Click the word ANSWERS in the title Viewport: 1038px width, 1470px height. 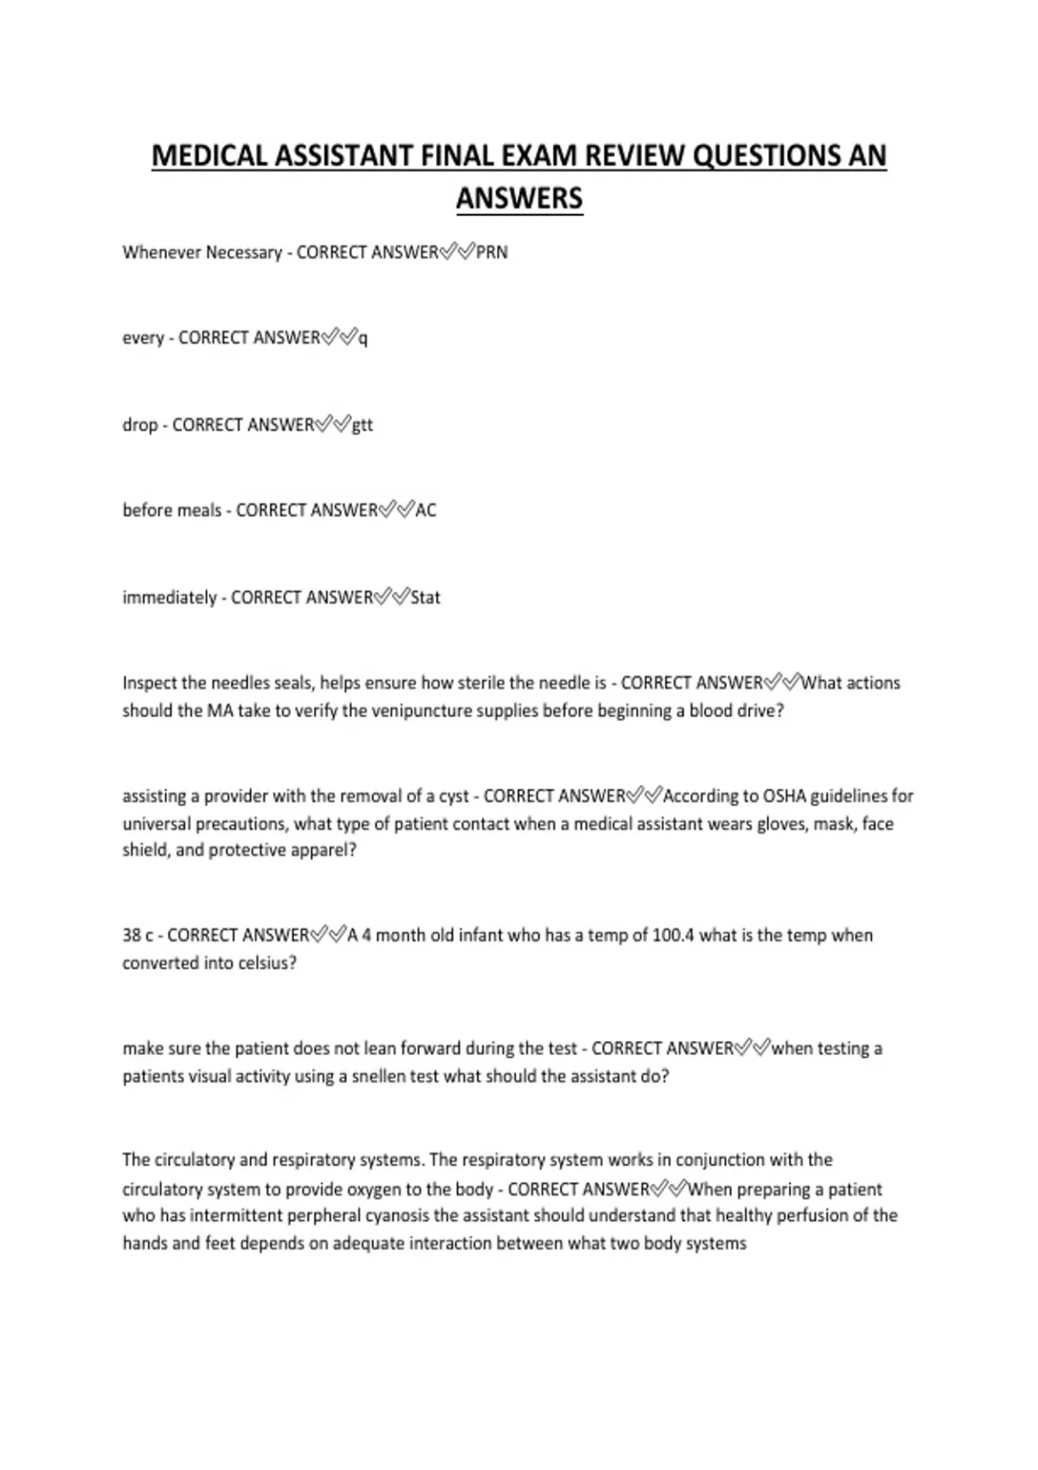(519, 199)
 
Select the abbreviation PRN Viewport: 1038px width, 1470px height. (492, 252)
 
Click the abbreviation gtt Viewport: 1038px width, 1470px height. (362, 425)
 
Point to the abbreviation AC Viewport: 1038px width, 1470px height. (426, 510)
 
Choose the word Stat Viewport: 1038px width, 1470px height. (426, 598)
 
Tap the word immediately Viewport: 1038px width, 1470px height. (170, 598)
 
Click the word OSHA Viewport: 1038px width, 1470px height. (785, 796)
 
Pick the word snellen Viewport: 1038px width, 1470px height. (380, 1077)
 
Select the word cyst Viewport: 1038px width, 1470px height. (454, 796)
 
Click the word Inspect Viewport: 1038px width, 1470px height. (150, 683)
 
